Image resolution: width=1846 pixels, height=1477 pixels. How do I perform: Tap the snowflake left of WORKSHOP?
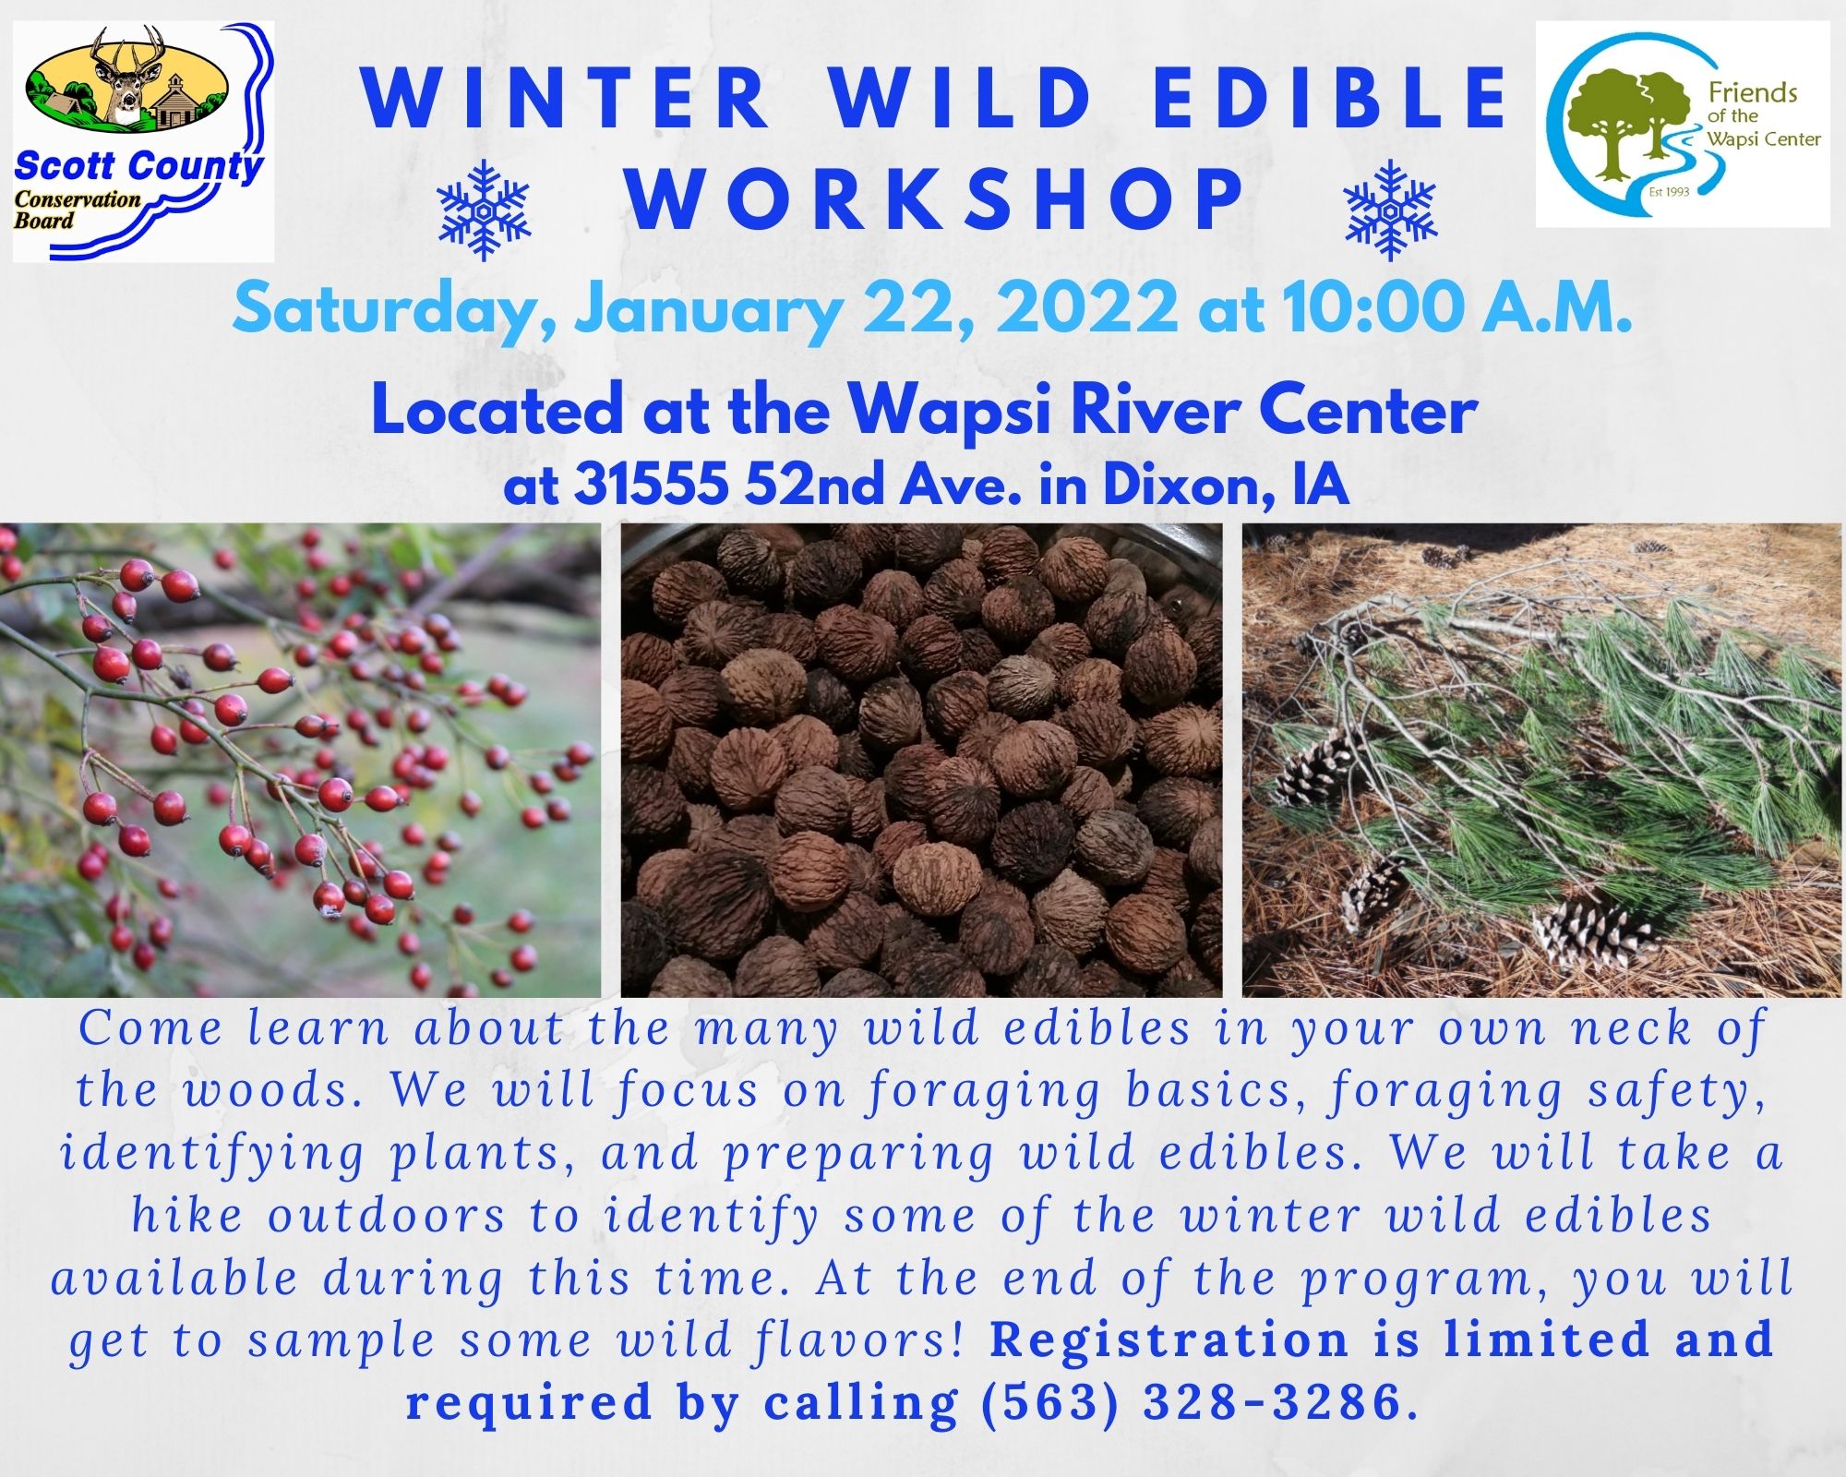pos(484,210)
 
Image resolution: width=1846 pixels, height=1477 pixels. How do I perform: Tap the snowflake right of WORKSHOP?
pos(1390,210)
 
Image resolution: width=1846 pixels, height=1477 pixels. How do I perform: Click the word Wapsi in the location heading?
pos(950,412)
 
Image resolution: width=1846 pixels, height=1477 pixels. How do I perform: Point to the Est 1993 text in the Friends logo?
pos(1669,193)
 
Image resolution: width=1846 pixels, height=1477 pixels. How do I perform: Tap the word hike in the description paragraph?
pos(187,1215)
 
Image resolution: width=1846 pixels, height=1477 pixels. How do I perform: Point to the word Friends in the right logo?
pos(1753,93)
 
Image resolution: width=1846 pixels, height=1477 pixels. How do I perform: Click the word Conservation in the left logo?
pos(78,199)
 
